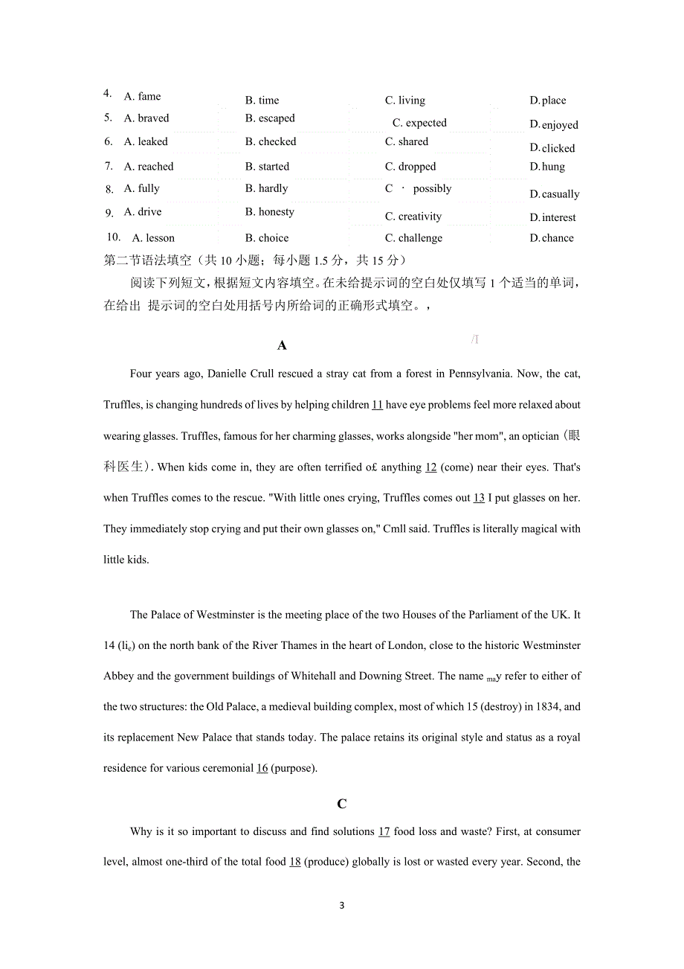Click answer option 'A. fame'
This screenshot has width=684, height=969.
pos(142,96)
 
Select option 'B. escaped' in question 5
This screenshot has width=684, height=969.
pos(270,118)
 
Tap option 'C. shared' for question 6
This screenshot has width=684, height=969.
pos(407,141)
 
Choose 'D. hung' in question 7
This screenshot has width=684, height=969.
pos(547,167)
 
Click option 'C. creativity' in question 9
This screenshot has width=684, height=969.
pos(413,217)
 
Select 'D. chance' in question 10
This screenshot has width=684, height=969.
pos(552,238)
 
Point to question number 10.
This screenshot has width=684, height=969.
pos(114,237)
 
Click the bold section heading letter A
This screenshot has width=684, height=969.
pos(282,345)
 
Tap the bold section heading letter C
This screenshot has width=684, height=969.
pos(341,804)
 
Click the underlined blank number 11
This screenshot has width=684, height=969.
pos(377,405)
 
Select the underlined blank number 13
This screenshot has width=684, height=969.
pos(479,498)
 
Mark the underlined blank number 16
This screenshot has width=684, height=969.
pos(262,768)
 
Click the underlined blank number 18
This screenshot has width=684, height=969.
pos(294,862)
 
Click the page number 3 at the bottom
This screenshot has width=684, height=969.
pos(341,906)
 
